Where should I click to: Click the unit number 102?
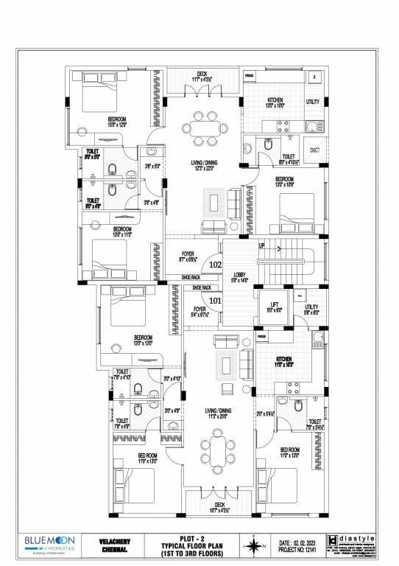point(216,264)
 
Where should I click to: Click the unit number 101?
point(216,300)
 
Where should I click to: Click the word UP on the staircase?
point(261,245)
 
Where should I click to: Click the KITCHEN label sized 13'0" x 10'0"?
point(275,100)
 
